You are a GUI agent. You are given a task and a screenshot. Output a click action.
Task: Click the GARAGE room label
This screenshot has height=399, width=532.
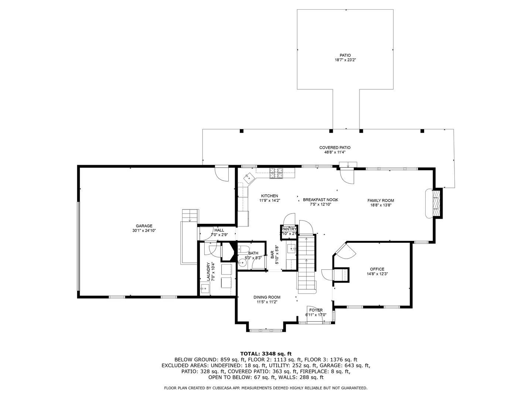click(144, 226)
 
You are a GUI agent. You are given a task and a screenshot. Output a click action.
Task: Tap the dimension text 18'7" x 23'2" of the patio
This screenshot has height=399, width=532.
click(345, 60)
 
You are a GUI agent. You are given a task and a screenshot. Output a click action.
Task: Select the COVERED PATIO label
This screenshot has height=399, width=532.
click(335, 148)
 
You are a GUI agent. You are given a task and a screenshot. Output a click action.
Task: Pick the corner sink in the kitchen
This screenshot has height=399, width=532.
click(248, 179)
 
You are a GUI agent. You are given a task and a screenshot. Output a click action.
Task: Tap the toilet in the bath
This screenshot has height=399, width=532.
click(243, 249)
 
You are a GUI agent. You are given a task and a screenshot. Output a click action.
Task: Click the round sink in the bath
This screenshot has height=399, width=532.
click(242, 263)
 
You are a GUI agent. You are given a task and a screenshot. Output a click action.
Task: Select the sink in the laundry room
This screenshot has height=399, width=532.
click(204, 289)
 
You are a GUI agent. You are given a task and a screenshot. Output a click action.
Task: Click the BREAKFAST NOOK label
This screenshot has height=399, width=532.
click(320, 200)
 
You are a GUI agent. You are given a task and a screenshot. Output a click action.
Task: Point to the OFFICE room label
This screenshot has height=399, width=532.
click(377, 269)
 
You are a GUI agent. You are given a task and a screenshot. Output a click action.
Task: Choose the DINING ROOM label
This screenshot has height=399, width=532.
click(267, 297)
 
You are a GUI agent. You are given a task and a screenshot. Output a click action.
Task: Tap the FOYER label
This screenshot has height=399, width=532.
click(316, 310)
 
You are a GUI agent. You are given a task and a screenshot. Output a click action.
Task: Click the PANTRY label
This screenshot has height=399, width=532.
click(289, 229)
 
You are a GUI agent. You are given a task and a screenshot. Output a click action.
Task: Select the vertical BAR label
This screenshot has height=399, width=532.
click(272, 255)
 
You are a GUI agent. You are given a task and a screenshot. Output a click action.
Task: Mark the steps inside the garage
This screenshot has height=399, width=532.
click(190, 215)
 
